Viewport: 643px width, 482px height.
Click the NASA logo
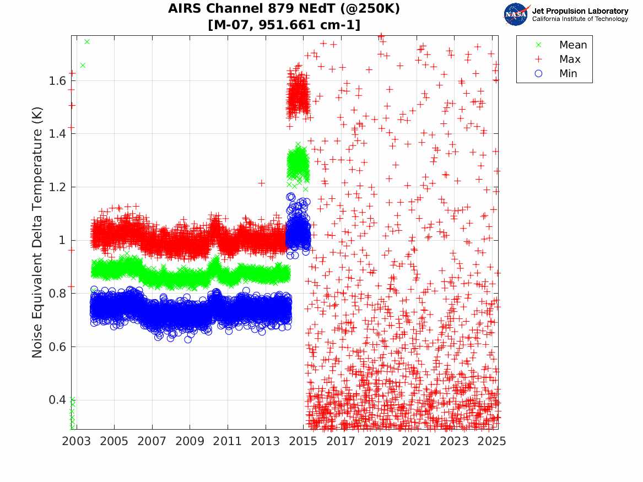point(517,14)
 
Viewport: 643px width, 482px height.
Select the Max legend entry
point(570,59)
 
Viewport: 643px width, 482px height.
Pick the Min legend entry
point(568,74)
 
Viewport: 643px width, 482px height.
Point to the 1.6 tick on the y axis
point(55,81)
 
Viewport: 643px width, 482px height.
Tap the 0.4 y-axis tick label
point(55,400)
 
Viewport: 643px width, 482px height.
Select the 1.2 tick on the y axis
point(55,187)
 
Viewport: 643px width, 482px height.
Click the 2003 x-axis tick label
point(76,441)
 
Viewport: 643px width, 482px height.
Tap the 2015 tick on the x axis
point(303,441)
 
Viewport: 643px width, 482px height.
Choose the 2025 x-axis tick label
point(492,441)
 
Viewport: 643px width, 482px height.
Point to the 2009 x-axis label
point(190,441)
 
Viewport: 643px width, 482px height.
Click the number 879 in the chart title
point(277,9)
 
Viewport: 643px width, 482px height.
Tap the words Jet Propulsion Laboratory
point(580,11)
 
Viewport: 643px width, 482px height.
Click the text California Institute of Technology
point(580,19)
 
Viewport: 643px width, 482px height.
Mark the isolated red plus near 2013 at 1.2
point(261,183)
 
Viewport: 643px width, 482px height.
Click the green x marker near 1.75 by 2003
point(87,42)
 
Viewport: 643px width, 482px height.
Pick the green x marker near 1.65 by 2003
point(83,66)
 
